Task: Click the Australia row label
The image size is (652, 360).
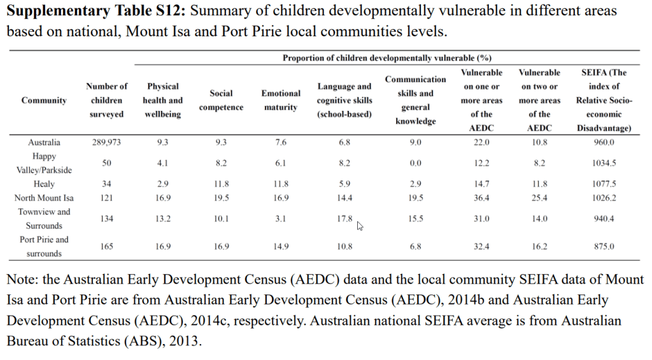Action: [44, 142]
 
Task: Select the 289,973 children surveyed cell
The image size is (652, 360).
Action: [106, 142]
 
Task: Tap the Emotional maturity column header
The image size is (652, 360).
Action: [281, 100]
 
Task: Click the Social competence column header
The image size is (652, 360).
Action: [221, 100]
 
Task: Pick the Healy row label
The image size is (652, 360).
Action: [44, 184]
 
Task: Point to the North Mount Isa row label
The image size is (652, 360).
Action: [44, 198]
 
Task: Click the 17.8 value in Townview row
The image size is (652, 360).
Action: [344, 219]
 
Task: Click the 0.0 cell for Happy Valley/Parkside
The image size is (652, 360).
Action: [415, 163]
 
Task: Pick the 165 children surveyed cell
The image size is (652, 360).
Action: [106, 247]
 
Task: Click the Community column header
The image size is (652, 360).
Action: [44, 100]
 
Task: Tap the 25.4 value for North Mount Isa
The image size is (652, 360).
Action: [539, 198]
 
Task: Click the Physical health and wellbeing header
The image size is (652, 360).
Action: [163, 100]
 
